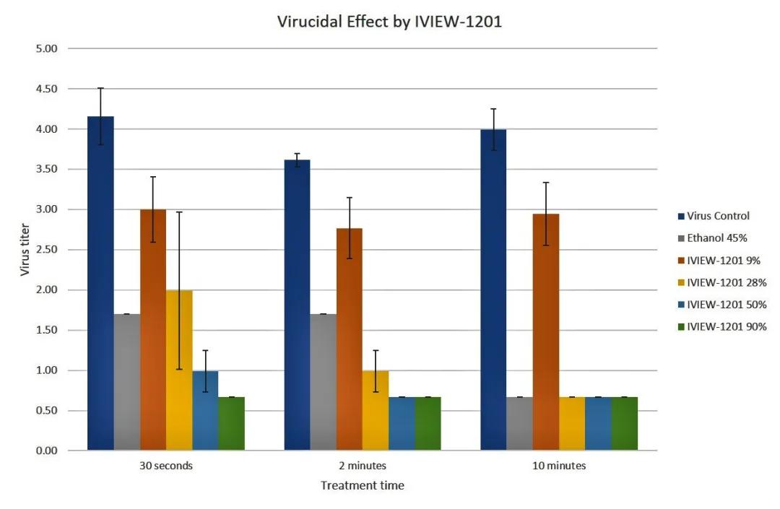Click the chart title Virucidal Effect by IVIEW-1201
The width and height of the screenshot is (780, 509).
389,22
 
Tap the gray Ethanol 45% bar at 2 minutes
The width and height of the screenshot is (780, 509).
323,382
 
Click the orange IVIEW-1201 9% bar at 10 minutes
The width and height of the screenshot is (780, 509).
546,332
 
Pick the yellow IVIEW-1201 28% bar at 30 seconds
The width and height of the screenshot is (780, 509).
179,370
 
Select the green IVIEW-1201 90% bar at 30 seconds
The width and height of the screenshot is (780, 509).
232,424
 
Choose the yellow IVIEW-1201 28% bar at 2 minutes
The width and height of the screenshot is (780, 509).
376,410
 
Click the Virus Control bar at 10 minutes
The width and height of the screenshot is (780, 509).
493,290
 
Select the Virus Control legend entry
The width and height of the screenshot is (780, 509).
718,215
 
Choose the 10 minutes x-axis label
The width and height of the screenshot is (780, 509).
559,466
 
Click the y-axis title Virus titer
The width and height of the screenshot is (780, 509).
25,249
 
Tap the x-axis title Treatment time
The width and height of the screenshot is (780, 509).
362,486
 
